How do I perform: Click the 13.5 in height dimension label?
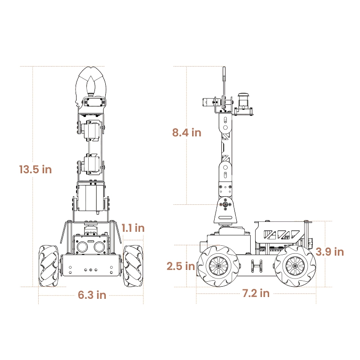click(x=36, y=170)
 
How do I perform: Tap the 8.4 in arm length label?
click(x=187, y=132)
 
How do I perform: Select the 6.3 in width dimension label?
click(x=92, y=295)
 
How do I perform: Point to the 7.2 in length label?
click(x=256, y=293)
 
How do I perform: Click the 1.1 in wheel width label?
click(x=133, y=228)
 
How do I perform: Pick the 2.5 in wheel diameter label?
click(x=181, y=266)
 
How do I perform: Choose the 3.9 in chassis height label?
click(x=330, y=252)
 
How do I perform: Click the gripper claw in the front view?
click(x=91, y=83)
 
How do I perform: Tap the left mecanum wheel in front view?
click(x=49, y=266)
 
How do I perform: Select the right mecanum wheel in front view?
click(x=133, y=266)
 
